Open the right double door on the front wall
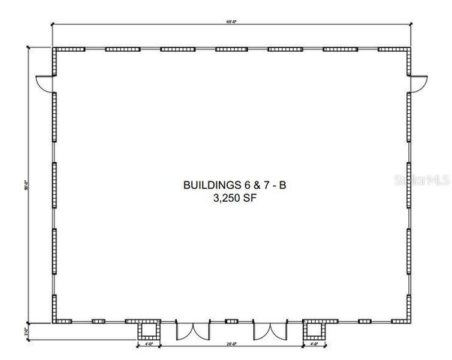270,331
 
